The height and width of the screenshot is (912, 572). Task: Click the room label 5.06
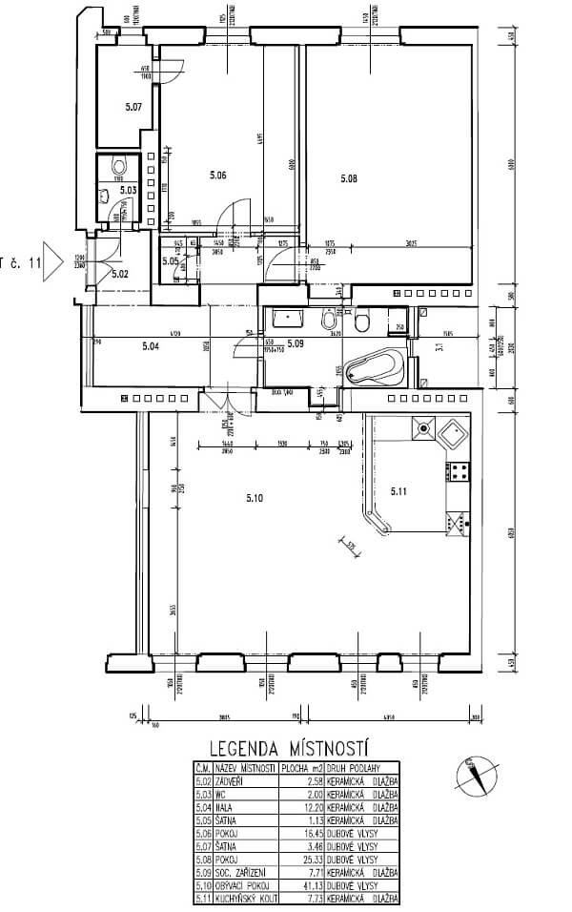point(217,175)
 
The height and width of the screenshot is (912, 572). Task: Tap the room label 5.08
point(348,177)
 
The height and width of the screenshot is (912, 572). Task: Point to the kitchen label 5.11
point(398,490)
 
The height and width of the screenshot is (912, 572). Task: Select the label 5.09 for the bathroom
point(295,342)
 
